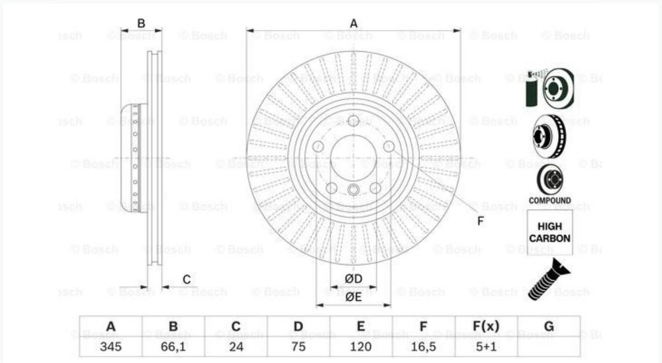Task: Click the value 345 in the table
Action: pos(111,345)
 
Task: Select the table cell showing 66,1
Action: pos(173,345)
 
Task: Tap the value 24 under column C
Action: pos(236,345)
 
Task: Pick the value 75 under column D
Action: pos(299,345)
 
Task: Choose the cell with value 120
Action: pos(361,345)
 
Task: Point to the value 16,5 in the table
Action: pos(424,345)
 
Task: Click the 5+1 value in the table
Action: pos(486,345)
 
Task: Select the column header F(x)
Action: pos(486,326)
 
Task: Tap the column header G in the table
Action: pos(548,326)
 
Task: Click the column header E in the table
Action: pos(361,326)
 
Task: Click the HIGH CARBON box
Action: pos(549,232)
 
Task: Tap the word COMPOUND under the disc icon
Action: pos(549,200)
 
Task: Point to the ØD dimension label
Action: pos(353,278)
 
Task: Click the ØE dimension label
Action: pos(354,297)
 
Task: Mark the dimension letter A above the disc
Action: pos(354,24)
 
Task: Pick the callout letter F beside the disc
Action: pos(481,221)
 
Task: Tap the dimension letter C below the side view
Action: pos(187,279)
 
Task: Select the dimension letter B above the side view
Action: pos(141,24)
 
